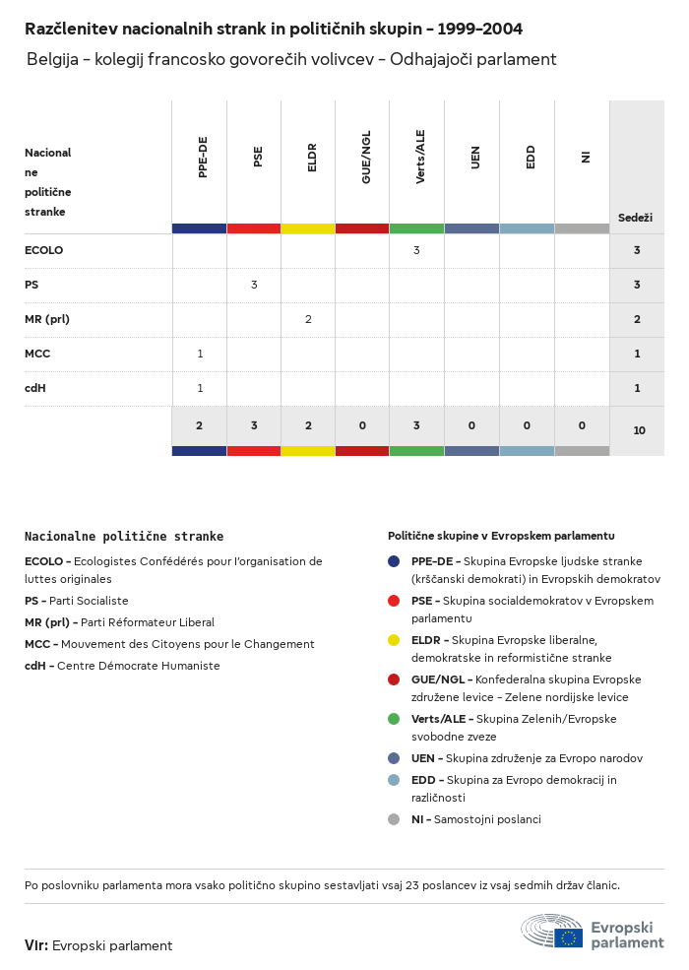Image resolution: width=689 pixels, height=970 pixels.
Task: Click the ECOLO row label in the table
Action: pos(43,250)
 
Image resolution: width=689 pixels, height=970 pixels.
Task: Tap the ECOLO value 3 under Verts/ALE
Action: pos(416,250)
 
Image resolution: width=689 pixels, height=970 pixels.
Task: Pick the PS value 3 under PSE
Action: pos(254,285)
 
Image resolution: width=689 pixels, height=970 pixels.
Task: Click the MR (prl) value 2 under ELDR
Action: pos(308,319)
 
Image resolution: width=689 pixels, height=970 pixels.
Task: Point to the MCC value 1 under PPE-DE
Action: pos(200,354)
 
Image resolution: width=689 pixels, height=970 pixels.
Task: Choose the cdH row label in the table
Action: pos(35,388)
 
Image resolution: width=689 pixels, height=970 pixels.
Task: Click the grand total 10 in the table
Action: pos(639,430)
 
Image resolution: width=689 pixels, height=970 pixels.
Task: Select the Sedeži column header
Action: pos(635,217)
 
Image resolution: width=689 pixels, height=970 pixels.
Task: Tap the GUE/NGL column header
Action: pos(366,161)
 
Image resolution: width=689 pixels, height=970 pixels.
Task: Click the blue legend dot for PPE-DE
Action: pos(394,561)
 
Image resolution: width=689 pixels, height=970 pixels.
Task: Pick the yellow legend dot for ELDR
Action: pos(394,640)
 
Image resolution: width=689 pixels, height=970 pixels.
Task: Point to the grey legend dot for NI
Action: pos(394,819)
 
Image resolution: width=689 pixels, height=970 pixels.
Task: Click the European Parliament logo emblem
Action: pos(552,931)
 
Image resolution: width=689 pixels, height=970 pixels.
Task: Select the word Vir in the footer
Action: pos(35,945)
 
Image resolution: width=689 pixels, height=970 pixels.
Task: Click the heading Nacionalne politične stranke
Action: pos(124,537)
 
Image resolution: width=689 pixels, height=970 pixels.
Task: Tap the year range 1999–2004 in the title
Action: pos(477,29)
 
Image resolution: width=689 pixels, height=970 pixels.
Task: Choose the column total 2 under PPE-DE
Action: pos(199,425)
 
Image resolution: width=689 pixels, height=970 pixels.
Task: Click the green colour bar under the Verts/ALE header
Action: pos(416,228)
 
